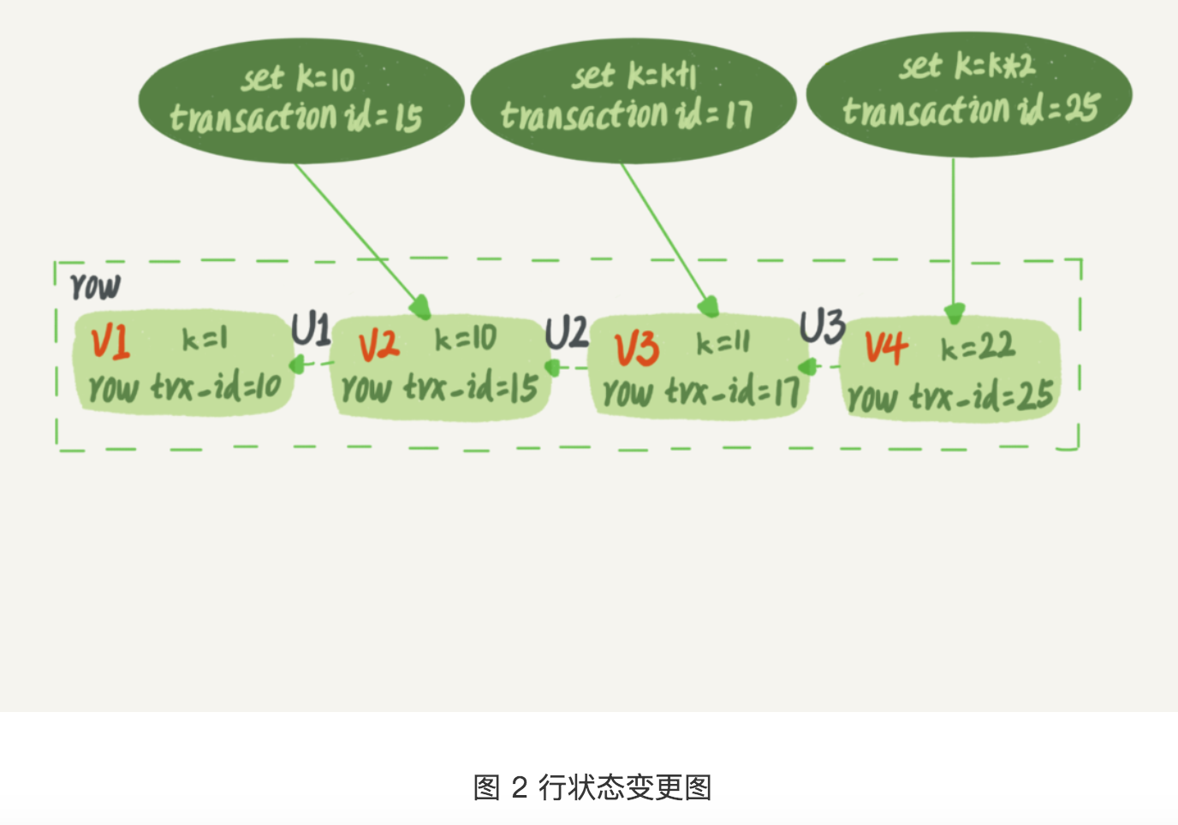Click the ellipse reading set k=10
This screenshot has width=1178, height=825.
point(300,100)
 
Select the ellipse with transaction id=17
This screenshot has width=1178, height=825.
point(633,100)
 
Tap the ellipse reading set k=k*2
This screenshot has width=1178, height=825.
point(968,94)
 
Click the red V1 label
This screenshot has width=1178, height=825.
point(110,342)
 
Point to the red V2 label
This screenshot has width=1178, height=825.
point(378,345)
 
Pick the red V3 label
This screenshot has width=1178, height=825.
point(637,348)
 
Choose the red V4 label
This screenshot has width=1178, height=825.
point(885,347)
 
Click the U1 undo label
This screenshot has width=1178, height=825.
point(311,329)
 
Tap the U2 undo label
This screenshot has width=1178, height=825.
point(567,332)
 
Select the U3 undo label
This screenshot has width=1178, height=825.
point(822,326)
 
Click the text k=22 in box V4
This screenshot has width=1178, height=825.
point(977,347)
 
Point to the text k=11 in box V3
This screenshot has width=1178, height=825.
point(723,343)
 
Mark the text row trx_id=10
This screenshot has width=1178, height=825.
point(185,388)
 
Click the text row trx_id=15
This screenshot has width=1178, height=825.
point(439,389)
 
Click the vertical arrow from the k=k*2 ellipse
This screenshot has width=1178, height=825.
point(954,231)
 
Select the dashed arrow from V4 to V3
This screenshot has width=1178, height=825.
point(819,367)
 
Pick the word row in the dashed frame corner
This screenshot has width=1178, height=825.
point(95,286)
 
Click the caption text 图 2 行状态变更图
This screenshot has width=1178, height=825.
point(592,786)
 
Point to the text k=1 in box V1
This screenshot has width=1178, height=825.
point(205,340)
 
